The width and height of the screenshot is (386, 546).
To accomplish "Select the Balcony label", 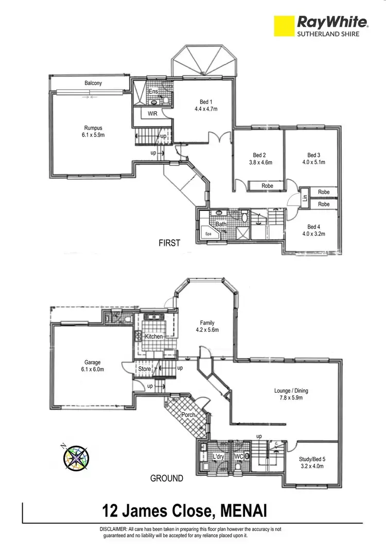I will point(93,83).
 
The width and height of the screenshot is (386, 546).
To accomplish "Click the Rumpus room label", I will point(93,128).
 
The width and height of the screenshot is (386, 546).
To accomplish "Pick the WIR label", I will point(152,114).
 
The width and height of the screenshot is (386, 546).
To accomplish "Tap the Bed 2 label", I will point(259,155).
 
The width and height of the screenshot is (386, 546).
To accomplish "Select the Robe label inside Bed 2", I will point(267,186).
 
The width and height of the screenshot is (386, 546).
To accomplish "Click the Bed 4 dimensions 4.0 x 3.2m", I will point(314,234).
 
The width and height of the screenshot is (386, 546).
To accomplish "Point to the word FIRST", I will point(169,243).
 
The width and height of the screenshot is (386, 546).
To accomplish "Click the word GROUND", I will point(166,478).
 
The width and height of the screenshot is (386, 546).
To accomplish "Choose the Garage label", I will point(93,362).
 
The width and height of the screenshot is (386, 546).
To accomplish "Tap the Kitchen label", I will point(154,337).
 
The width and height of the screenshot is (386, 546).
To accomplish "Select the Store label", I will point(144,368).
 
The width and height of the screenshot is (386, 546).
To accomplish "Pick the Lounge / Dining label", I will point(291,391).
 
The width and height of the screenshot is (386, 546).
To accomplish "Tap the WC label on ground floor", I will point(238,456).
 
